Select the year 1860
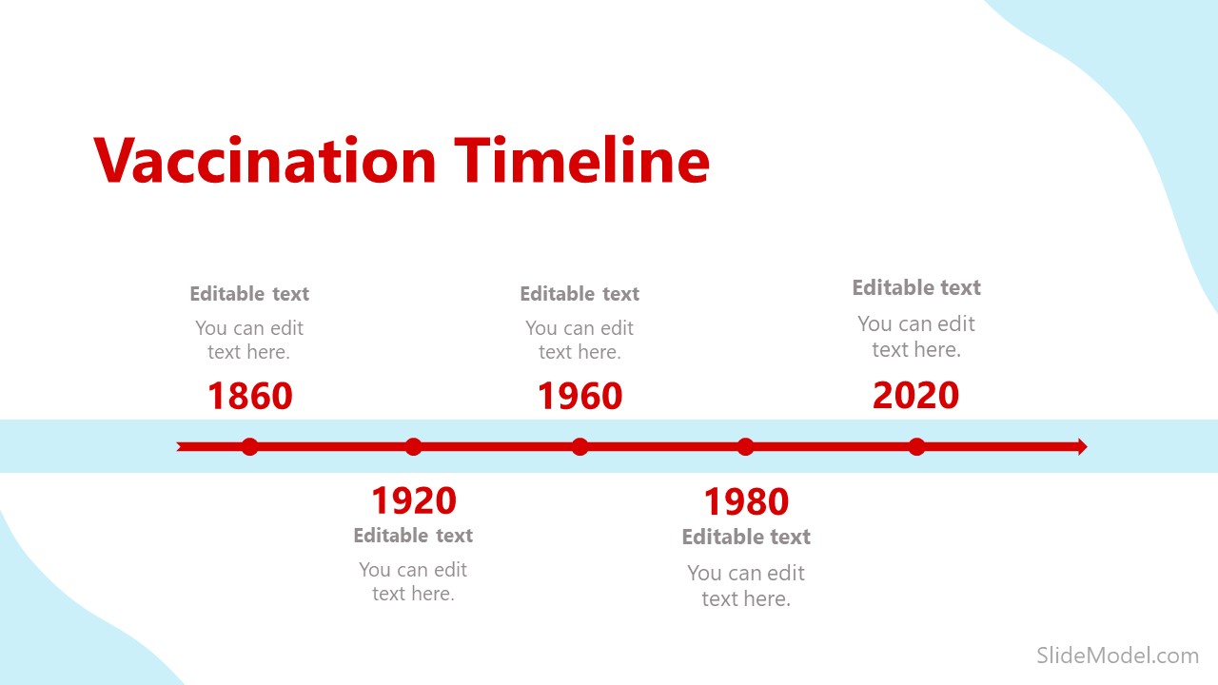(249, 397)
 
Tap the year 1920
(413, 500)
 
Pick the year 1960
(580, 397)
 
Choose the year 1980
(746, 502)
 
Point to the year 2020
(915, 396)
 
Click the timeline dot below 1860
(249, 446)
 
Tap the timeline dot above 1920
(413, 446)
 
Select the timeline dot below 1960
(580, 446)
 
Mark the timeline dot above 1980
(746, 446)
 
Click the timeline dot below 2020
(916, 446)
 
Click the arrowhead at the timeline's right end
(1081, 446)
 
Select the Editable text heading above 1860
(249, 294)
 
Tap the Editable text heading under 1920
(413, 536)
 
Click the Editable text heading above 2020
(915, 287)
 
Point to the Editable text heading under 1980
(746, 538)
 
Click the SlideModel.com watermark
(1116, 655)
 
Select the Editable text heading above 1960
(580, 294)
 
